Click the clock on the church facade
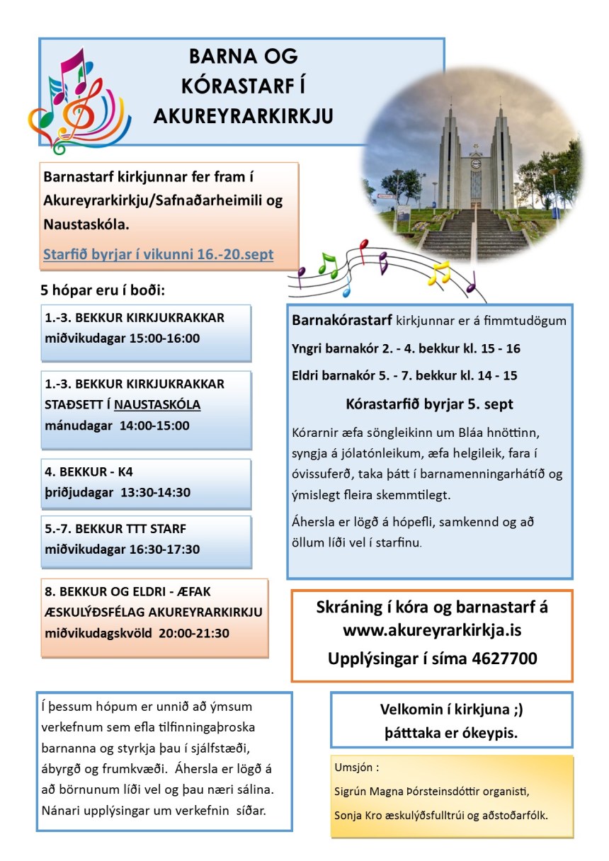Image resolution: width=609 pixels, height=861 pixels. (476, 164)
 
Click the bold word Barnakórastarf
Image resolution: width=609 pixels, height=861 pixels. (341, 321)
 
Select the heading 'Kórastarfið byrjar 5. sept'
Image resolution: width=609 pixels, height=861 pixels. (430, 405)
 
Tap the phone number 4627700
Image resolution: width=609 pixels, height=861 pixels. (503, 658)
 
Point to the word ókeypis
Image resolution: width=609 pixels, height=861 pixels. (491, 733)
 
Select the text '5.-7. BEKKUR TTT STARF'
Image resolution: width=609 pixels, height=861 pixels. (115, 529)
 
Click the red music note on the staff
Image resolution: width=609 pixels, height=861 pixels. (364, 247)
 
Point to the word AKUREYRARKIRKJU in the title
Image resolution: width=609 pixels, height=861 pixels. (243, 116)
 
